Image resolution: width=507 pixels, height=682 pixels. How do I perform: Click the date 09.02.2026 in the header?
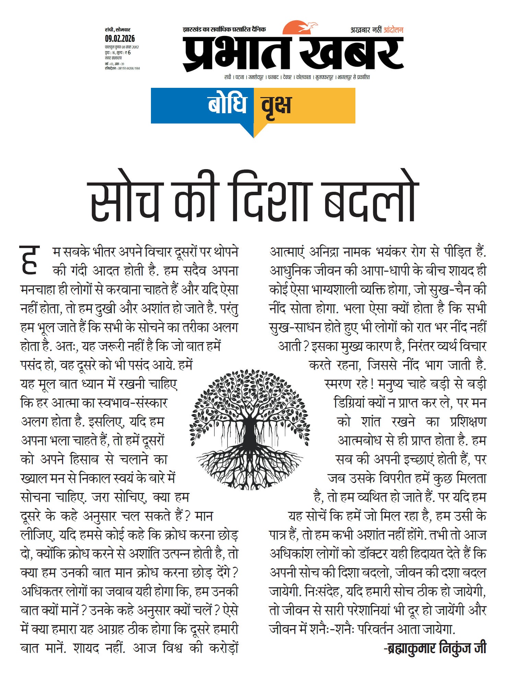pyautogui.click(x=120, y=38)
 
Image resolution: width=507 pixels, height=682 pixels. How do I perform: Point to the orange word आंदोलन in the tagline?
pyautogui.click(x=393, y=30)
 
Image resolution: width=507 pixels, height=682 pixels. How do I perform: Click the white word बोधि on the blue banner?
pyautogui.click(x=227, y=104)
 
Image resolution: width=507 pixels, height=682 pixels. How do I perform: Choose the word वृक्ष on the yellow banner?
pyautogui.click(x=276, y=105)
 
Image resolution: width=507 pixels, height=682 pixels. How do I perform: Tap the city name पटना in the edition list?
pyautogui.click(x=240, y=78)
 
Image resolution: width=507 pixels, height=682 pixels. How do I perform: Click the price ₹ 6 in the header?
pyautogui.click(x=127, y=52)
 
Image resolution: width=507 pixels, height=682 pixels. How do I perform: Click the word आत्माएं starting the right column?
pyautogui.click(x=287, y=252)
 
